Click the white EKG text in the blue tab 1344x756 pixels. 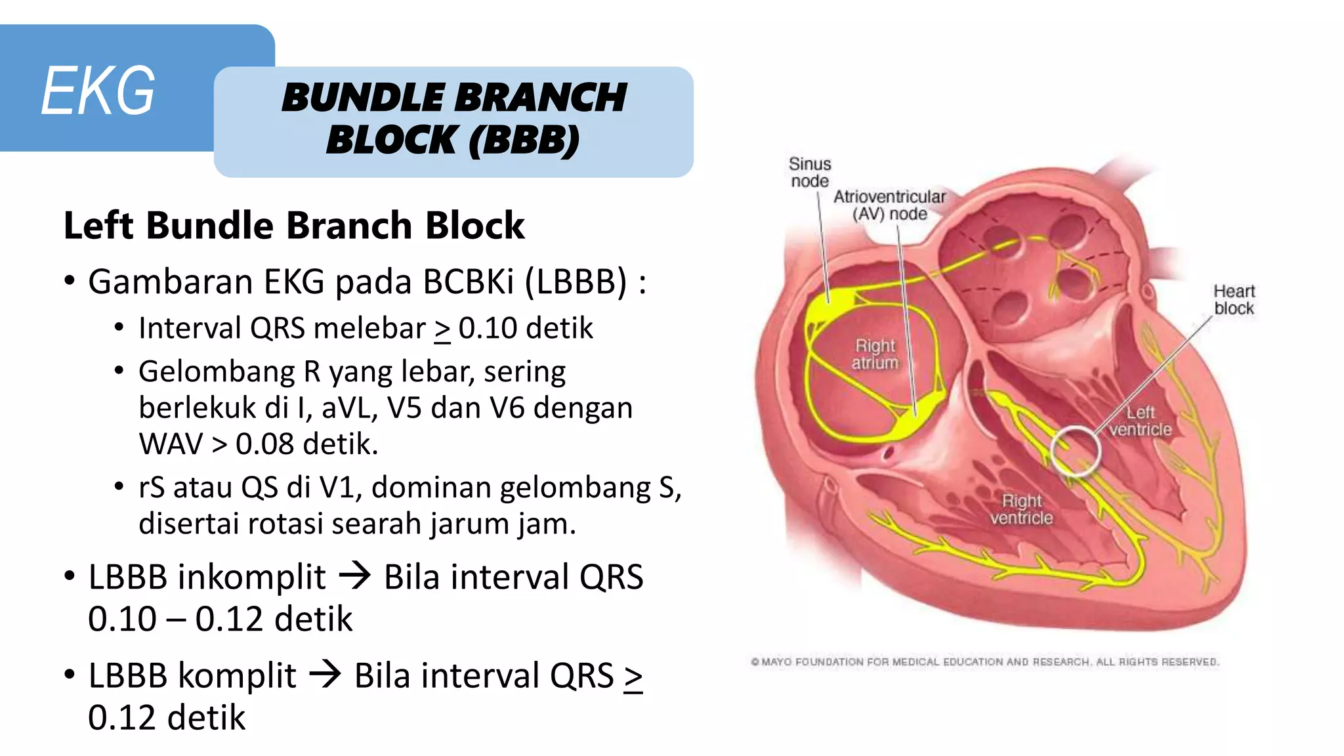pos(98,91)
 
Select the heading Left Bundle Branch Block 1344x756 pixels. pos(294,225)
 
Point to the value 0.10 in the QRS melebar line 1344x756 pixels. pos(488,328)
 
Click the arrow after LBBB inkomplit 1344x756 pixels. pos(355,577)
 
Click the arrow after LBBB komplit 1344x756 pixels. pos(325,675)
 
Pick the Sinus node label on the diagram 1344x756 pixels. pos(810,172)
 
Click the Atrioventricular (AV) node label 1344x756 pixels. pos(889,205)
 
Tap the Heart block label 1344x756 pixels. pos(1234,299)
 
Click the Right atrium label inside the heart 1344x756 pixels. pos(875,354)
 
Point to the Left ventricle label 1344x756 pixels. pos(1141,421)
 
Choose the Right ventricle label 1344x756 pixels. pos(1021,509)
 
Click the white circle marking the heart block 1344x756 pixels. pos(1075,450)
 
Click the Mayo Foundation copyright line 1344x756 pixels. pos(984,661)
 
